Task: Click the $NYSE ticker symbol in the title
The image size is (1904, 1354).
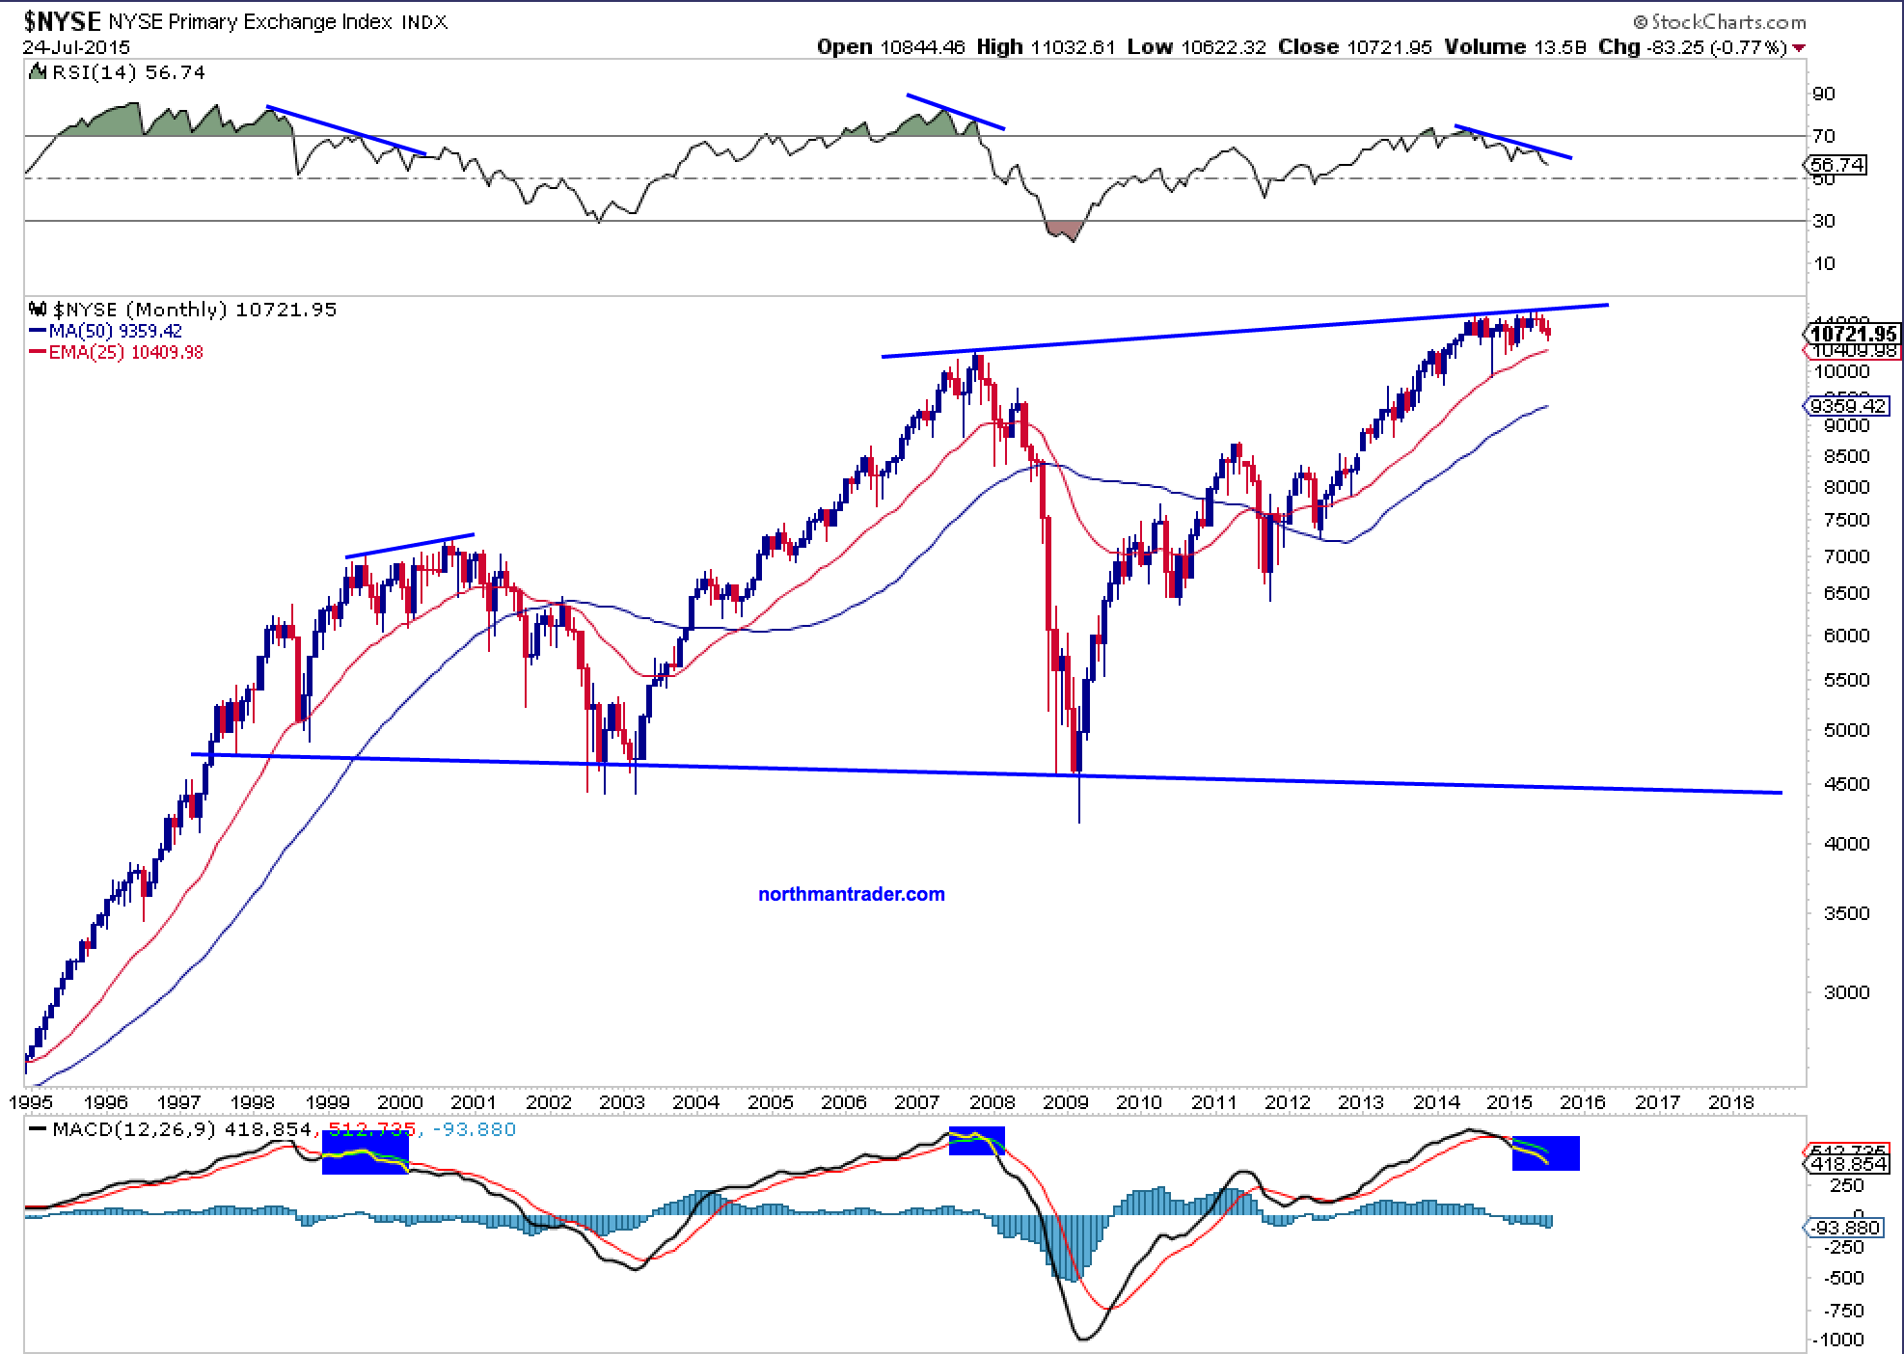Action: coord(64,20)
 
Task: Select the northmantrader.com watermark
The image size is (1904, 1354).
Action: coord(852,894)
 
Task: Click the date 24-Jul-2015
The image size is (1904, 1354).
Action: coord(76,47)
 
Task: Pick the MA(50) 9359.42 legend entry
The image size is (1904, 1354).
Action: coord(116,331)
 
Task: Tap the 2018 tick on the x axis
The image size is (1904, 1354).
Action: coord(1731,1101)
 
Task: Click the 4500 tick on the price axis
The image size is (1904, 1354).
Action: coord(1845,784)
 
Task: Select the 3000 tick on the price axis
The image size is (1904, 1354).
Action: coord(1845,992)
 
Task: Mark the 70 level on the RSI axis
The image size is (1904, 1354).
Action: coord(1824,136)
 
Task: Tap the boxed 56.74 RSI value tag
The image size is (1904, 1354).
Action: coord(1836,165)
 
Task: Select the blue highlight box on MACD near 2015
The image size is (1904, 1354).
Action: coord(1545,1152)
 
